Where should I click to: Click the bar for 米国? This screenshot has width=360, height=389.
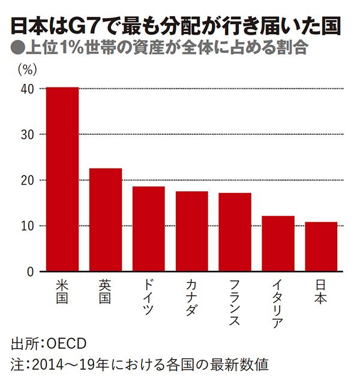[x=62, y=179]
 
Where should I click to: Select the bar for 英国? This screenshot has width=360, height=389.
[x=105, y=220]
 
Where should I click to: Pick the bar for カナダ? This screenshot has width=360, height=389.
[x=191, y=231]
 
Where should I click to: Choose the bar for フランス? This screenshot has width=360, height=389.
[x=235, y=232]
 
